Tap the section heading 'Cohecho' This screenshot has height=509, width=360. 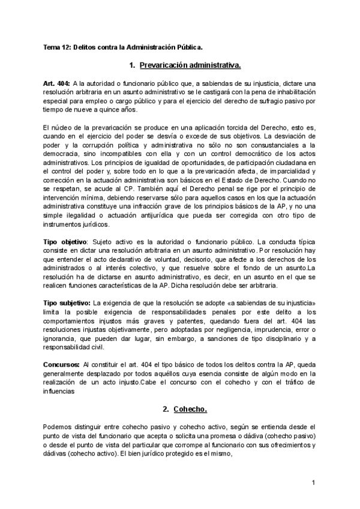[190, 409]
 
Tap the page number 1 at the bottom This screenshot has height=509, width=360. [314, 483]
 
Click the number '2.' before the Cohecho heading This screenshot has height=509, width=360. [166, 409]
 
